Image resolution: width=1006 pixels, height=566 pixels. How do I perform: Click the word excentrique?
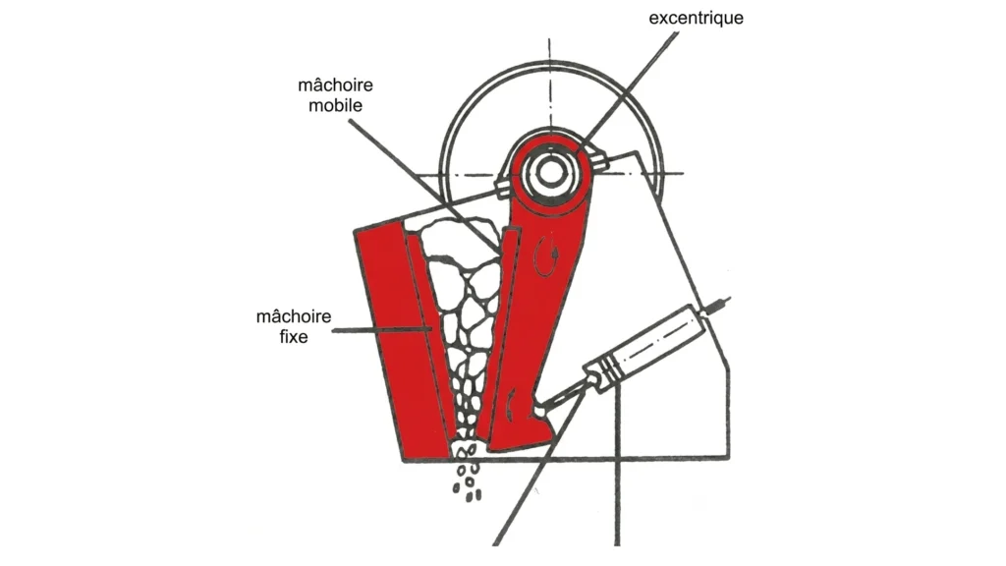click(697, 18)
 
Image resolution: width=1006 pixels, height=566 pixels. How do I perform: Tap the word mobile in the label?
click(336, 105)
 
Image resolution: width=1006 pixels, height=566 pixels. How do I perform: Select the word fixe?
click(294, 336)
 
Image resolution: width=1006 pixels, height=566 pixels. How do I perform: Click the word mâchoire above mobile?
click(336, 85)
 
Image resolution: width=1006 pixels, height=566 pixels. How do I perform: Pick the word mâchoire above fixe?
click(294, 315)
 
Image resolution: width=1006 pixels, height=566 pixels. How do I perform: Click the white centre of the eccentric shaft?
click(549, 172)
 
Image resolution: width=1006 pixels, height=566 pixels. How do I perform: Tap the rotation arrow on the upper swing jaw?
click(546, 255)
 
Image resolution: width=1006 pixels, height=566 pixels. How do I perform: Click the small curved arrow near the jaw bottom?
click(511, 406)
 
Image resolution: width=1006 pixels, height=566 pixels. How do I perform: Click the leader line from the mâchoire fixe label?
click(381, 330)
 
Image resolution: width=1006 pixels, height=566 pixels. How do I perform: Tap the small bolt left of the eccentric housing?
click(503, 184)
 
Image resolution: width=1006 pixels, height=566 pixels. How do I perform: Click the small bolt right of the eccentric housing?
click(599, 160)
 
